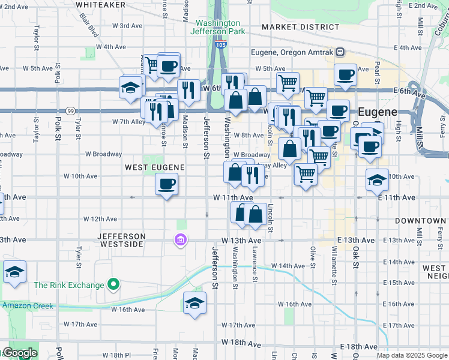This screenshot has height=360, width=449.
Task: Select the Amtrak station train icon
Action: tap(340, 52)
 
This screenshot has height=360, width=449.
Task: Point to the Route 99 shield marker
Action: tap(71, 111)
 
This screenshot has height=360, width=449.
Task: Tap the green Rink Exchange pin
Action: tap(113, 284)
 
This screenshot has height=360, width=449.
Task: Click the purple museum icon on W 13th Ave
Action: tap(179, 241)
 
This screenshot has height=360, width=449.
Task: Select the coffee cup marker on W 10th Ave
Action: tap(166, 184)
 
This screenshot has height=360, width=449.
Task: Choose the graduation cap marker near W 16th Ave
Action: tap(194, 302)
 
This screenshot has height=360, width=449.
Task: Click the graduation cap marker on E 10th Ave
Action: tap(377, 179)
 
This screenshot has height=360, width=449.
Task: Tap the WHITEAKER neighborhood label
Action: tap(100, 4)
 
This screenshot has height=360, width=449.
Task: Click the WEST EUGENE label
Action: tap(154, 166)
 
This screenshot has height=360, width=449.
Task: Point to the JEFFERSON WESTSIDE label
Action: tap(122, 240)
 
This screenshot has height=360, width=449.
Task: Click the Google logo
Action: tap(19, 353)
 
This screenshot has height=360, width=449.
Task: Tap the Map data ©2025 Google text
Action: tap(412, 355)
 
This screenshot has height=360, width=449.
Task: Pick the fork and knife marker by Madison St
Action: tap(190, 90)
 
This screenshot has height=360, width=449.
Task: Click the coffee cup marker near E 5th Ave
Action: tap(345, 74)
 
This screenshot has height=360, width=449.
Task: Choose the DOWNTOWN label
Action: tap(420, 221)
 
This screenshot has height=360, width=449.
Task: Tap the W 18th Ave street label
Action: tap(241, 343)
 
